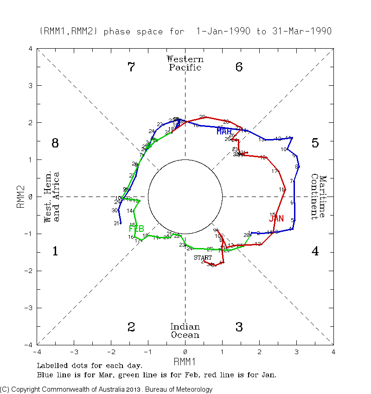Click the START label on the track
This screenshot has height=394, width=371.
(203, 258)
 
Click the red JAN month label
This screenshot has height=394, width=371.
(276, 218)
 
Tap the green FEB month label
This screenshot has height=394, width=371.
(136, 229)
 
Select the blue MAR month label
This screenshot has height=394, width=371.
(224, 132)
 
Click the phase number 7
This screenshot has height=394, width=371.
(131, 67)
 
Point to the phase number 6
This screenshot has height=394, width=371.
(239, 67)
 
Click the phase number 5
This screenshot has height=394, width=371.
(315, 143)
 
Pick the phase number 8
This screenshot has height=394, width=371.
(55, 143)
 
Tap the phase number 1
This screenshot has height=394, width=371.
(55, 251)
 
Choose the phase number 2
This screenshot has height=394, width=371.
(131, 327)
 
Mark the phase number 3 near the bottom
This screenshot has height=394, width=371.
(239, 327)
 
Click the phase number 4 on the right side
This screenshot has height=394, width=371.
(315, 251)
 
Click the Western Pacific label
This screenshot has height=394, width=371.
(185, 64)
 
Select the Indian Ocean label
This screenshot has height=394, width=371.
(185, 331)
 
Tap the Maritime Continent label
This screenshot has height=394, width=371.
(319, 197)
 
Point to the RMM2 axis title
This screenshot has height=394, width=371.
(21, 197)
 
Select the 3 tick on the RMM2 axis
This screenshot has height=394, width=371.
(30, 86)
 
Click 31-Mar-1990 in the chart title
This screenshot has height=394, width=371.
(301, 32)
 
